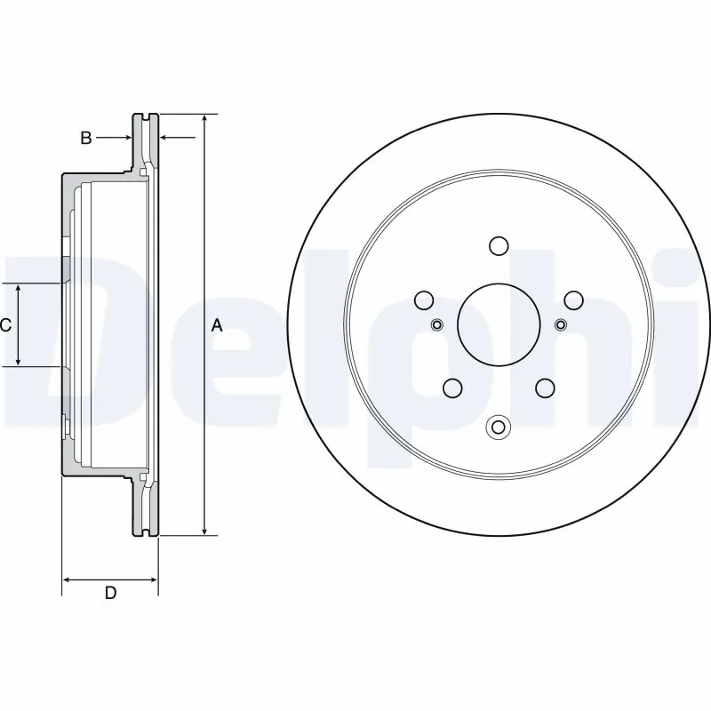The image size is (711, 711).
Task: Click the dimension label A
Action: pos(217,326)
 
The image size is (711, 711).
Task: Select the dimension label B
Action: pos(86,138)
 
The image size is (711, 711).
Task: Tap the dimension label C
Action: pos(5,325)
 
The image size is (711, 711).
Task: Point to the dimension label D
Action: pos(110,594)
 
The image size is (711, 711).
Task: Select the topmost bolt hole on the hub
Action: pos(499,245)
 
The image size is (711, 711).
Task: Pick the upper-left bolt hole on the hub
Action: pos(424,300)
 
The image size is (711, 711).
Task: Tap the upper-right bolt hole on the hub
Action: pos(573,300)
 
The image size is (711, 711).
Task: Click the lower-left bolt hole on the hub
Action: pos(452,387)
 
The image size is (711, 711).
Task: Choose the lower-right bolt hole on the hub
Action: pos(545,387)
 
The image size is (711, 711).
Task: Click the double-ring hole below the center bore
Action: pos(499,427)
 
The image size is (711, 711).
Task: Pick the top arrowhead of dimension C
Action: pos(20,288)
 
